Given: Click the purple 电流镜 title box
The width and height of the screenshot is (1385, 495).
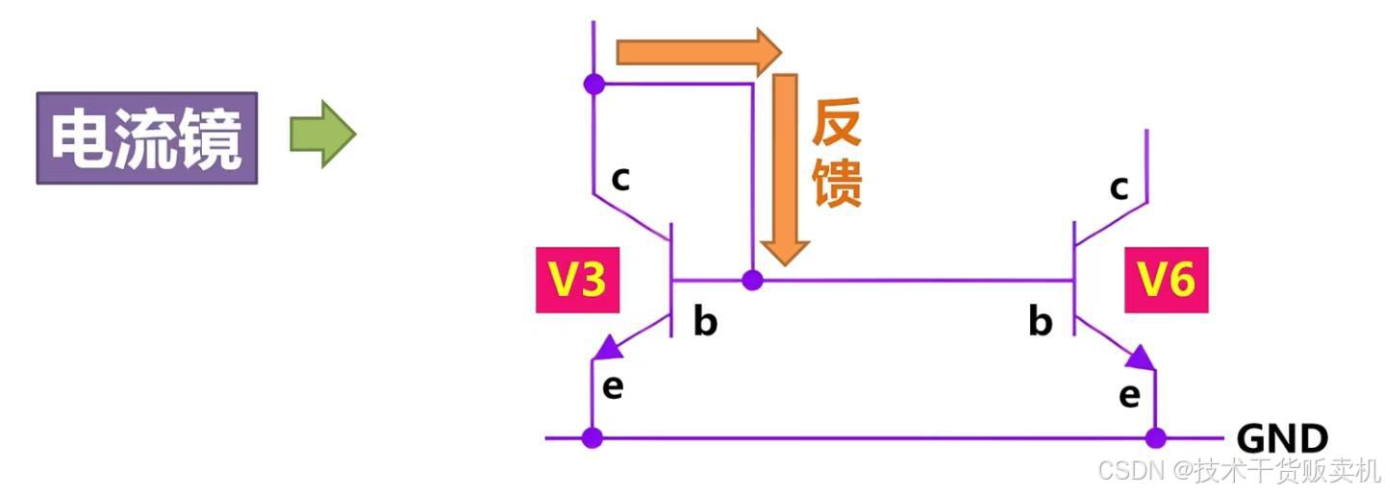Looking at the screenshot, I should click(147, 138).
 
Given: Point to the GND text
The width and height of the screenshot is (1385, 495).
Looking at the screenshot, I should click(1281, 439).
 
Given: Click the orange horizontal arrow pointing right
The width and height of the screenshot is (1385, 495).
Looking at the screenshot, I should click(698, 51).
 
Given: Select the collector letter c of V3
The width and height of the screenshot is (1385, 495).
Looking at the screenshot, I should click(621, 178).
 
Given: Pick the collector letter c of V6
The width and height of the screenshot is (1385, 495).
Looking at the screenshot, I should click(1119, 187).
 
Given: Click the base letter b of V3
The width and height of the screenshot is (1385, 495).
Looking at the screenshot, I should click(705, 322).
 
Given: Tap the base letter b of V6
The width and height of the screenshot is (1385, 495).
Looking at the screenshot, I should click(1041, 322).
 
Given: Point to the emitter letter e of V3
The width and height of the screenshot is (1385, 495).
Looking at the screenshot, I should click(613, 386).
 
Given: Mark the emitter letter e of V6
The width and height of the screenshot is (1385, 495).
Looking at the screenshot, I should click(1130, 394).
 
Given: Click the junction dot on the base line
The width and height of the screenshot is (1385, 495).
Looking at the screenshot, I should click(753, 281).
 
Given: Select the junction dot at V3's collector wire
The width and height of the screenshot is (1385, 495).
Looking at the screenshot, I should click(594, 84).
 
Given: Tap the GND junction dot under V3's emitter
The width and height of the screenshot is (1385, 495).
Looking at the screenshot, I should click(592, 438).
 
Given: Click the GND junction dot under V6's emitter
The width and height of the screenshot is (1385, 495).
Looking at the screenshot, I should click(1155, 438).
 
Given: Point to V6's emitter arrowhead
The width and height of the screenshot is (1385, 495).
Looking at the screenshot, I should click(1141, 359).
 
